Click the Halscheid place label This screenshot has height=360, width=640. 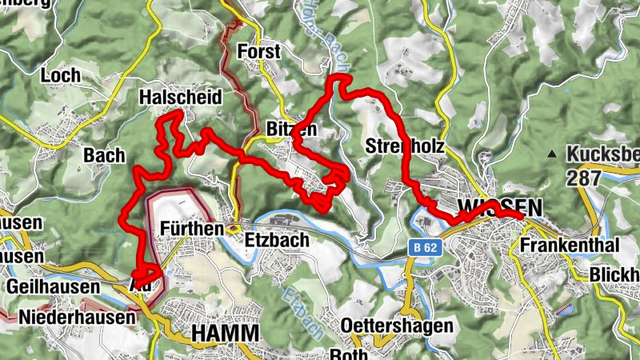click(179, 97)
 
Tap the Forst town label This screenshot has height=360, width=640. click(260, 53)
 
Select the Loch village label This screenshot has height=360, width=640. click(63, 76)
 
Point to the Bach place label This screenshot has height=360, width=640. click(105, 155)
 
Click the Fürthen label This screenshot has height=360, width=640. click(191, 229)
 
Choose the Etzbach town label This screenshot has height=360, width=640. click(276, 238)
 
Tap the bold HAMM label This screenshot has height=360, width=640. click(226, 333)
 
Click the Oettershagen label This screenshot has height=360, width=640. click(386, 326)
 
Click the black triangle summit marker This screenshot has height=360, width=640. click(552, 154)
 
